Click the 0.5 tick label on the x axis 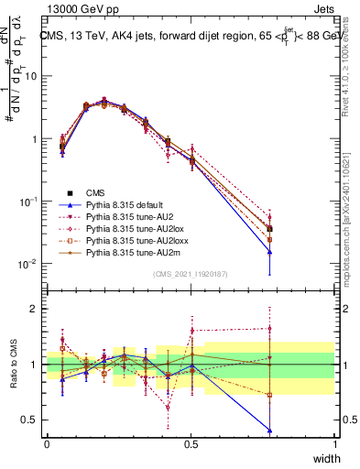pos(191,443)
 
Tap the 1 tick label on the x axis pos(334,443)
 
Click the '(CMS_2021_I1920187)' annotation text pos(190,274)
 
